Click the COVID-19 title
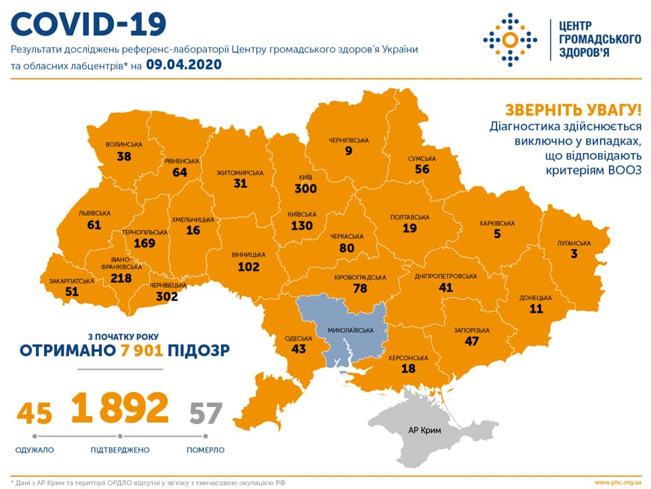89,24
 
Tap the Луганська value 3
574,254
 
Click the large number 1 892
119,407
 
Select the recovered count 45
35,412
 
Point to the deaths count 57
205,412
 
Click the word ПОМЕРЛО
205,450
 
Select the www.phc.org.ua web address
618,482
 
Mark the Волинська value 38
124,157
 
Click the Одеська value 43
298,349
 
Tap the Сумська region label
422,158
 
